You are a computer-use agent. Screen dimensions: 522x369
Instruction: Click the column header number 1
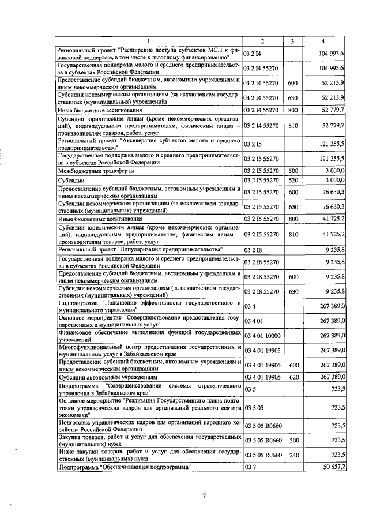point(149,41)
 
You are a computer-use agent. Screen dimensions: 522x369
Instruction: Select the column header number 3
point(292,41)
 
